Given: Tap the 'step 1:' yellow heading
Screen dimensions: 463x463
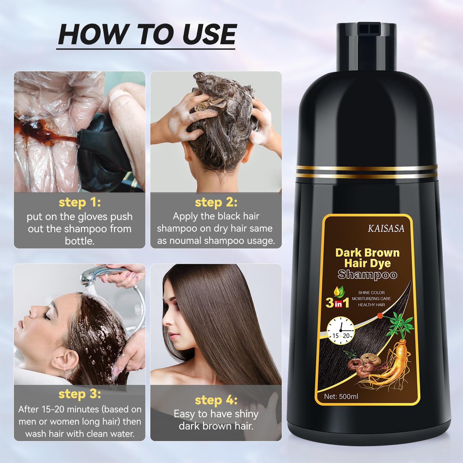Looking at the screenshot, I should [x=80, y=202].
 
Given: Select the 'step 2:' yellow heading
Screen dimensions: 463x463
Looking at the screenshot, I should [x=216, y=202].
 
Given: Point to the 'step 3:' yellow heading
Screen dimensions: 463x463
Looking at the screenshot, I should [x=80, y=394].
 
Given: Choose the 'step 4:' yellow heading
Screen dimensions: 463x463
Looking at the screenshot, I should [x=216, y=400].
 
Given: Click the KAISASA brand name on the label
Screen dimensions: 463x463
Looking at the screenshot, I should [x=386, y=228].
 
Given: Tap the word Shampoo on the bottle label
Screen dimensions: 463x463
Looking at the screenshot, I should [x=367, y=274].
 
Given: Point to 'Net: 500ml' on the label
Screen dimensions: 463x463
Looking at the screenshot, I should [x=341, y=396].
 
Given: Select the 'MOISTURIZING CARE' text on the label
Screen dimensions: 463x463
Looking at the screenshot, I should [x=371, y=298].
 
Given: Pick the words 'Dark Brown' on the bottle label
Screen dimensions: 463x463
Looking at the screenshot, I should [x=367, y=253].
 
